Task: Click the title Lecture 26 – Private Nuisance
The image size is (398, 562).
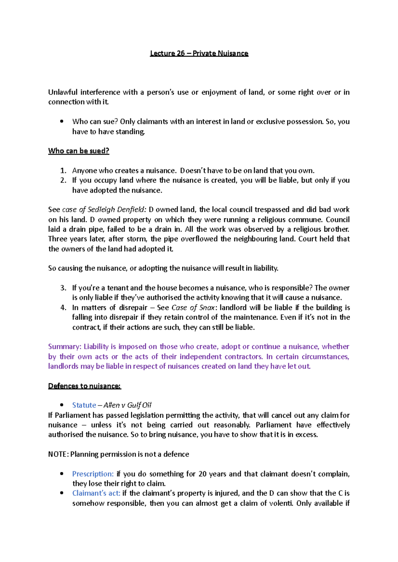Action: click(x=199, y=53)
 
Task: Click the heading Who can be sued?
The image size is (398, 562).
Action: click(x=79, y=151)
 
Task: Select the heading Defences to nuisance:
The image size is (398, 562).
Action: click(x=85, y=386)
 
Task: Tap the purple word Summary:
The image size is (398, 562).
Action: click(x=64, y=347)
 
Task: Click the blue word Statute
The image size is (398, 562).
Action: click(x=84, y=405)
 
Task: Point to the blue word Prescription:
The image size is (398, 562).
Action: click(x=93, y=474)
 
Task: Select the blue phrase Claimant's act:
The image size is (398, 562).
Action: click(x=96, y=493)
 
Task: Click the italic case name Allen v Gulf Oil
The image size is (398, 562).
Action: click(x=127, y=405)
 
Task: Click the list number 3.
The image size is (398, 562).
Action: click(x=63, y=288)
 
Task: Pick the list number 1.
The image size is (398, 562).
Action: click(x=63, y=171)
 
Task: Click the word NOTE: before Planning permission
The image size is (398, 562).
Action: click(x=58, y=454)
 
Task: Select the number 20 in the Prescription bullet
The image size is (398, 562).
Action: click(x=202, y=474)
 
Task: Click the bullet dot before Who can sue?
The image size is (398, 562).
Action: click(x=62, y=121)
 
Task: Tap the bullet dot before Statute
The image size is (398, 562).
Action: click(x=62, y=405)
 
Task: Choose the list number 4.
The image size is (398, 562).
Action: click(x=63, y=307)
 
